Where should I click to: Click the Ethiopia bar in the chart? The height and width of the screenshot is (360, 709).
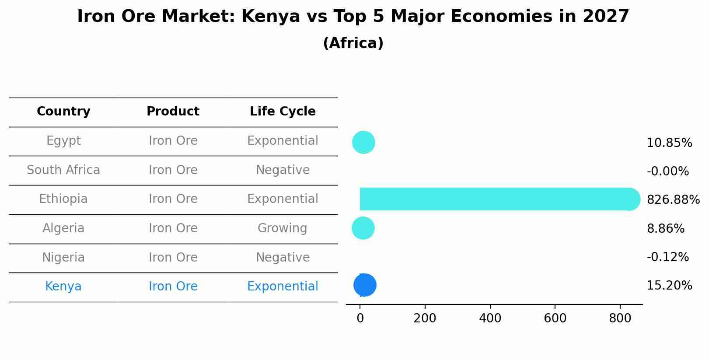coord(494,199)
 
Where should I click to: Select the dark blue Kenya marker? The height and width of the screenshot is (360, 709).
coord(365,285)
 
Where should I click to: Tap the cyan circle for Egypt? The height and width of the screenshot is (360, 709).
coord(363,142)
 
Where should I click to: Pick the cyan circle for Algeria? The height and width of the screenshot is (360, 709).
coord(363,228)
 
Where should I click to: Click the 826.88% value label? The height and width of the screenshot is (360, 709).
coord(673,200)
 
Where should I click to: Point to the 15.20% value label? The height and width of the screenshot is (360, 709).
coord(669,286)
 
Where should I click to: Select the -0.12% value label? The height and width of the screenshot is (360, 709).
coord(667,257)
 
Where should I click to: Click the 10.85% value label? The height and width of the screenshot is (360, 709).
coord(669,143)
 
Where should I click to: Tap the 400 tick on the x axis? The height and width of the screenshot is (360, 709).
coord(490,318)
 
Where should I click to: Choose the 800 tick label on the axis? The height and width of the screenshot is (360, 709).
coord(620,318)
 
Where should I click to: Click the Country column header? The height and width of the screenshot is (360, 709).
coord(63,112)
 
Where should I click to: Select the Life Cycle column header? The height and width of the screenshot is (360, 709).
coord(283,112)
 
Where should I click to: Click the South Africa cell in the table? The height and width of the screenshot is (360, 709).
coord(63,170)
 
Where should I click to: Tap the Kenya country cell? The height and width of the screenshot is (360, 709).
coord(63,287)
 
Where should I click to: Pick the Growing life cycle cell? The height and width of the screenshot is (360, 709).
coord(283,228)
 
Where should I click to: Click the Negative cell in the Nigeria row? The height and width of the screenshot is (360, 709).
coord(283,258)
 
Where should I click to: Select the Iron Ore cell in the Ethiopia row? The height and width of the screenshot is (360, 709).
coord(173,199)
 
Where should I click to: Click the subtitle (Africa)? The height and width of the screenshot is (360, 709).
coord(353,43)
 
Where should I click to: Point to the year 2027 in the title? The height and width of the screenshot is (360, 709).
coord(606,17)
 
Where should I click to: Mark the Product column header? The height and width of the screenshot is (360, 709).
coord(173,112)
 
